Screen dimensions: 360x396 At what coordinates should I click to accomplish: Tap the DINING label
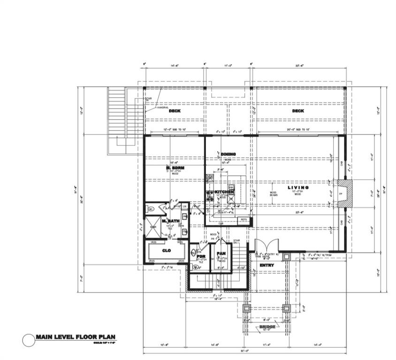point(228,154)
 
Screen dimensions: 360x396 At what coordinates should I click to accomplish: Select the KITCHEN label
point(224,192)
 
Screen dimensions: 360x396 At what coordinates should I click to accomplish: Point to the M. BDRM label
point(174,168)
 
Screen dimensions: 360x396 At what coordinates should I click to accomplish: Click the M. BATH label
point(170,221)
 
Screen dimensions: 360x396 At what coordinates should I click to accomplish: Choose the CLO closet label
point(166,251)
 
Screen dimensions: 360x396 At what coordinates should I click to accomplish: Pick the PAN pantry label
point(221,254)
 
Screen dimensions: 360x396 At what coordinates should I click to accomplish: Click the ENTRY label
point(267,265)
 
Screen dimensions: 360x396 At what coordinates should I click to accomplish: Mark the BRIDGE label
point(267,326)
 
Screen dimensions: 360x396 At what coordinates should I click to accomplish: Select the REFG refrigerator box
point(244,219)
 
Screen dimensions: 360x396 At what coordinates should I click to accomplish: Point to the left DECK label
point(175,111)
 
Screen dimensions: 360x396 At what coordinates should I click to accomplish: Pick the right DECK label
point(298,111)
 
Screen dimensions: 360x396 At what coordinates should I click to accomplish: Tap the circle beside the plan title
point(29,340)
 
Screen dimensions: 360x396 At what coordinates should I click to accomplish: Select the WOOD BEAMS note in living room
point(274,195)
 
